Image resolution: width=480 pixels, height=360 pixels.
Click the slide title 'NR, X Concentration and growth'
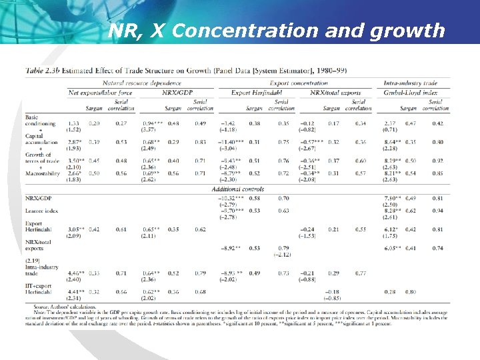(x=276, y=31)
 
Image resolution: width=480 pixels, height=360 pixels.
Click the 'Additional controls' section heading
(x=239, y=189)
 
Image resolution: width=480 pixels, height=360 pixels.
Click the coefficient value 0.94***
(x=153, y=123)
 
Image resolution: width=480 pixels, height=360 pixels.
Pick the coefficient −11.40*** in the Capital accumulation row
(x=231, y=142)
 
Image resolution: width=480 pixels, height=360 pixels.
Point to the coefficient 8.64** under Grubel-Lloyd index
(x=393, y=142)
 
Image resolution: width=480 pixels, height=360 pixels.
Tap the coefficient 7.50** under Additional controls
(x=392, y=198)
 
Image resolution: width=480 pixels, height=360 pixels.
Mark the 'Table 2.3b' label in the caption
(x=41, y=69)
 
